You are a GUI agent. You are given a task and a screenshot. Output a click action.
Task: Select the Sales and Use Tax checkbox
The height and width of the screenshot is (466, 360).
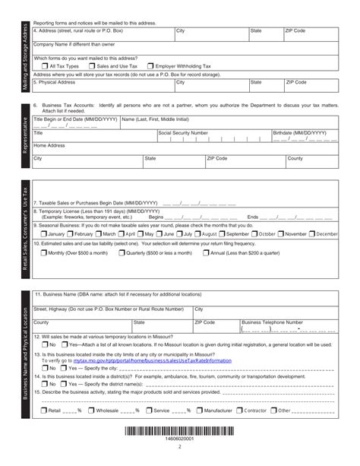tap(91, 66)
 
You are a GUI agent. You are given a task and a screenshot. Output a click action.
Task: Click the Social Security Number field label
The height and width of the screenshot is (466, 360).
tap(184, 132)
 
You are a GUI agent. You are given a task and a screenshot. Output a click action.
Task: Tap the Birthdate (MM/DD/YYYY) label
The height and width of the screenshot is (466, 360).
tap(300, 132)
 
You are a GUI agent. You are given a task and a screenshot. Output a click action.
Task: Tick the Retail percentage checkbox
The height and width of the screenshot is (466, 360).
tap(43, 411)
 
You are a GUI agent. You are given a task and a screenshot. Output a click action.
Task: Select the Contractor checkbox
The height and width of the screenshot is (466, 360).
tap(238, 411)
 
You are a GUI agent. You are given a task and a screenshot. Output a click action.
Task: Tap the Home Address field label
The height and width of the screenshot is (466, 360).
tap(49, 144)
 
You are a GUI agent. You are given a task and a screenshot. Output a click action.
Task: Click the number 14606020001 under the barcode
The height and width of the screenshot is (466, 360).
tap(179, 439)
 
